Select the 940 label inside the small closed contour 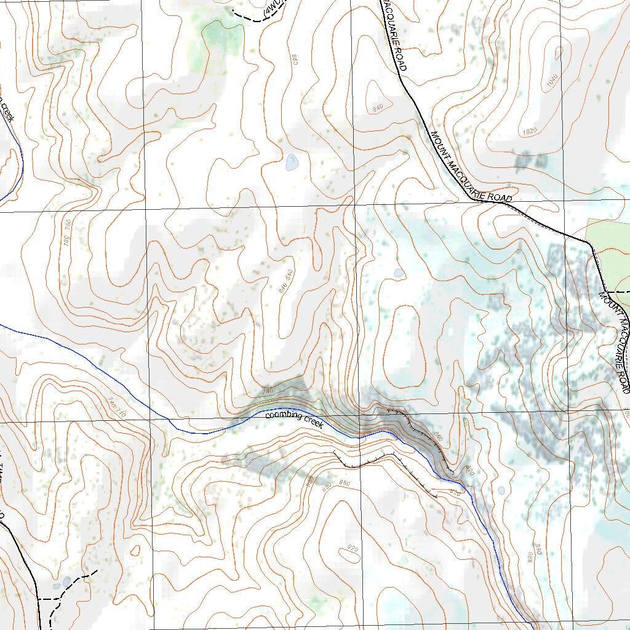378,108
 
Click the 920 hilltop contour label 353,548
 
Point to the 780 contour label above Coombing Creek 267,392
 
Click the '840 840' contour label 286,281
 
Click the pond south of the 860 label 292,163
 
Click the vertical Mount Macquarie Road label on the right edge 615,341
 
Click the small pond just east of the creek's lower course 501,491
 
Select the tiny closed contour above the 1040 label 559,54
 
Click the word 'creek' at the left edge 6,111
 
